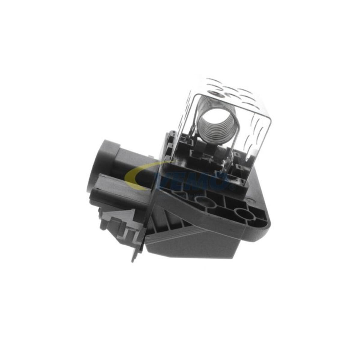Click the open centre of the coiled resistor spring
tap(215, 120)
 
